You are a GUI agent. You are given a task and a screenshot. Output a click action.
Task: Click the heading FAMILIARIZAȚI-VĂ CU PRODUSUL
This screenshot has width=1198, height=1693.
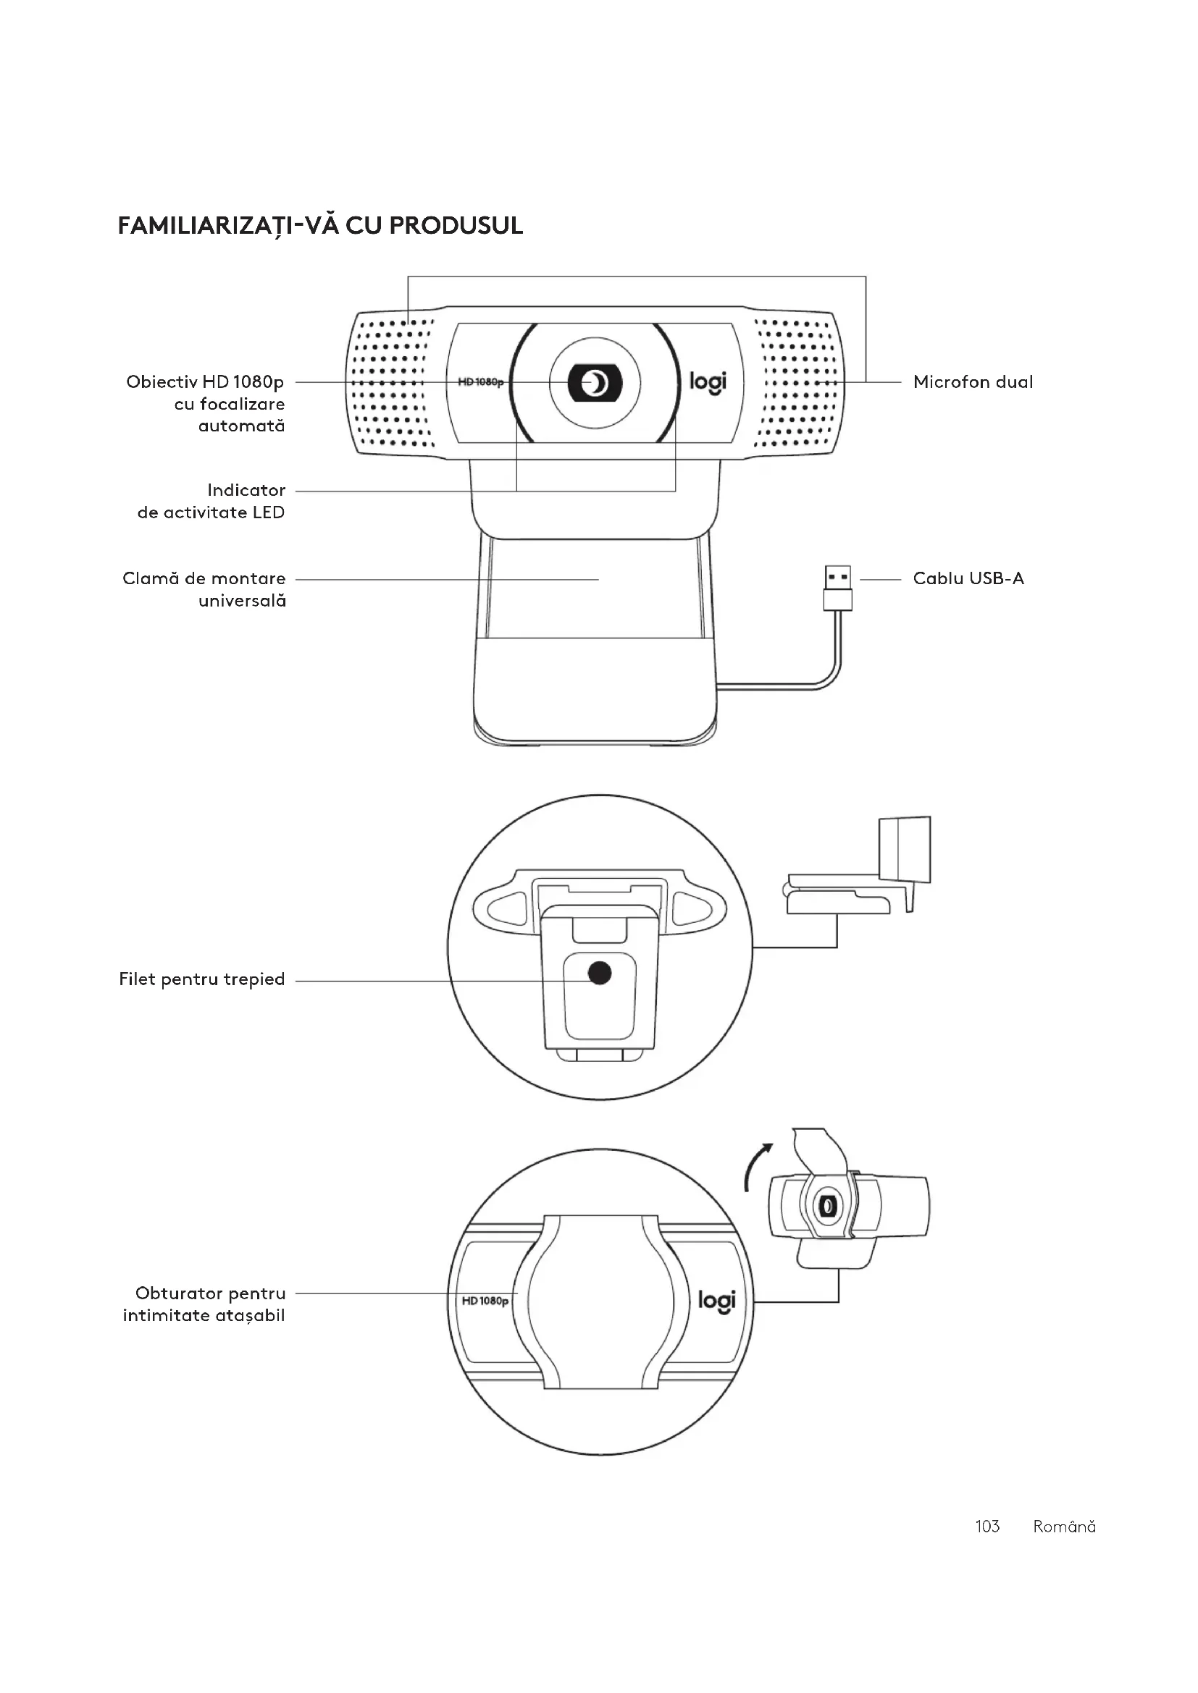click(320, 226)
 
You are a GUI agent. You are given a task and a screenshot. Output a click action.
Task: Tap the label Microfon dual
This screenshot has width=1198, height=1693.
click(972, 382)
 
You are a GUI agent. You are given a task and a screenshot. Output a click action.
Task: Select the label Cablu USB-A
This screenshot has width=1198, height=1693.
click(968, 578)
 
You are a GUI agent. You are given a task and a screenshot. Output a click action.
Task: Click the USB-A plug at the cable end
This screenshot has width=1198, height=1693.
click(837, 588)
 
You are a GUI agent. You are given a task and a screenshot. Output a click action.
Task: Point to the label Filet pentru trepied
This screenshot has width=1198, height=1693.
click(201, 979)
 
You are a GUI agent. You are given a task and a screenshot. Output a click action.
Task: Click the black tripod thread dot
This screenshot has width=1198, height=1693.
click(600, 974)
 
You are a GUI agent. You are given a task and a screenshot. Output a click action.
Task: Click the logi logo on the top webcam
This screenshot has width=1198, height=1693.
click(708, 382)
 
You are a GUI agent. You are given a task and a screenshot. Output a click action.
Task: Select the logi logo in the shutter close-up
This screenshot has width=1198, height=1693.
click(716, 1301)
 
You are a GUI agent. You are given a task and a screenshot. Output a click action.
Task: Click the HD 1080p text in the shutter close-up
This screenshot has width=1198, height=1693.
click(485, 1301)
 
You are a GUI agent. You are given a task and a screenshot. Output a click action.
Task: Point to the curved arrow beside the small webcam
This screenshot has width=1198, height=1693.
click(756, 1167)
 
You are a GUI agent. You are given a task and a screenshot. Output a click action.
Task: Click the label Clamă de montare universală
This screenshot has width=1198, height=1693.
click(204, 589)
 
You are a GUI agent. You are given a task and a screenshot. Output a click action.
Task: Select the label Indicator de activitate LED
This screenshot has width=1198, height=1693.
click(211, 502)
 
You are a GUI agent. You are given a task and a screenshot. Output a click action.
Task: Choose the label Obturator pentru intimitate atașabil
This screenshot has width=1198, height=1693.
click(204, 1304)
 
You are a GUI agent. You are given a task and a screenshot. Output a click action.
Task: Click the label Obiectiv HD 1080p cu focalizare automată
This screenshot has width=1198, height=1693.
click(205, 404)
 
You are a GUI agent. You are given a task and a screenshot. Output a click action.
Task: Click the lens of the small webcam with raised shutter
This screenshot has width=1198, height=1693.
click(828, 1206)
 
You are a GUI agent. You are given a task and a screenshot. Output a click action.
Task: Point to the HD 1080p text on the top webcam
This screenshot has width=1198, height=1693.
click(479, 382)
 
